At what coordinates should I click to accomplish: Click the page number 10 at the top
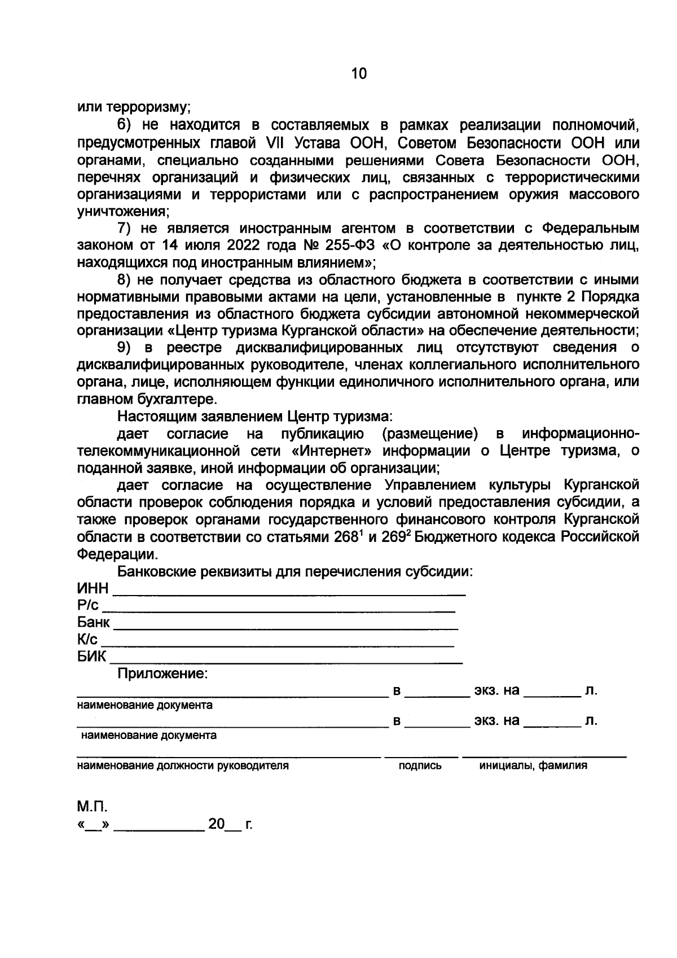(x=359, y=73)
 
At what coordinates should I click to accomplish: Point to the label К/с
(x=87, y=640)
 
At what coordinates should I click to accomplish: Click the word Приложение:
(x=162, y=673)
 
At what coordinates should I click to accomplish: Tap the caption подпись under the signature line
(x=420, y=766)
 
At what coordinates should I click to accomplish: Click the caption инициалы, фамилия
(x=533, y=766)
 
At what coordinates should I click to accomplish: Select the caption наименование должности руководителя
(x=183, y=766)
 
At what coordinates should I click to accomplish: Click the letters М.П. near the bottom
(x=91, y=806)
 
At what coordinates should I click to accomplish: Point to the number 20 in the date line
(x=217, y=824)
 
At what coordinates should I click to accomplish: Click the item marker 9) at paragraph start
(x=125, y=347)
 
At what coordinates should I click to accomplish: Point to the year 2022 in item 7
(x=245, y=246)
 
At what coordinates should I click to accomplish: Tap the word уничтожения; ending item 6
(x=124, y=212)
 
